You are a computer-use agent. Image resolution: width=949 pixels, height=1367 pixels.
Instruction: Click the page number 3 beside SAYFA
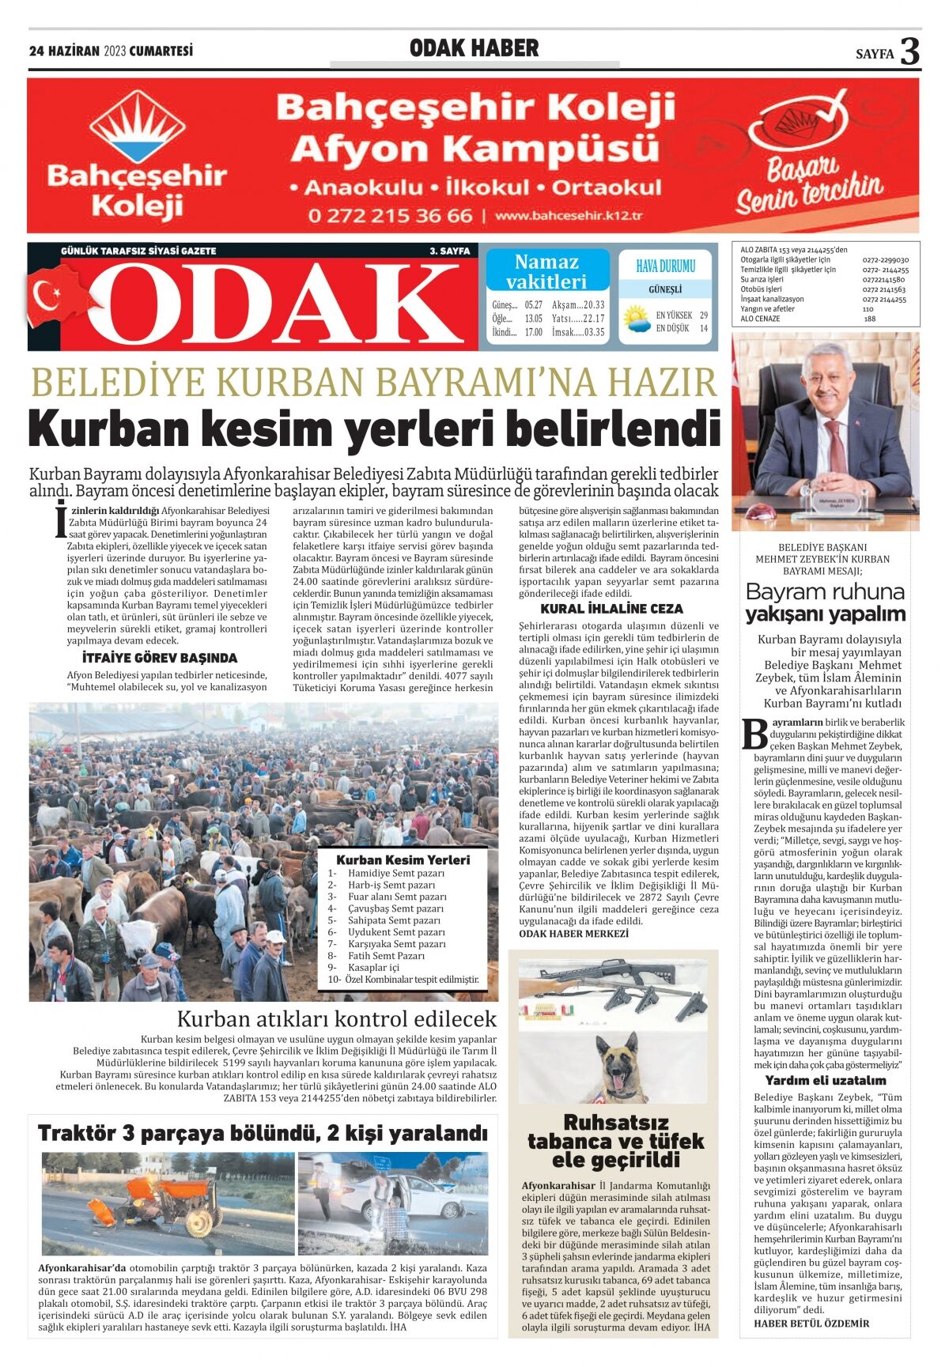coord(910,51)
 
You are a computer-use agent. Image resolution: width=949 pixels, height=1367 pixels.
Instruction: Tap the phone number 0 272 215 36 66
coord(390,215)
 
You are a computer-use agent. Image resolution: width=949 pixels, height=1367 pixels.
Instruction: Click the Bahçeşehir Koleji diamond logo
coord(137,127)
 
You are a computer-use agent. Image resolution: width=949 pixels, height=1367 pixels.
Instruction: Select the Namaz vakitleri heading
coord(546,271)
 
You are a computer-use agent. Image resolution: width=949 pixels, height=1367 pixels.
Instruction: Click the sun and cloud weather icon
coord(635,319)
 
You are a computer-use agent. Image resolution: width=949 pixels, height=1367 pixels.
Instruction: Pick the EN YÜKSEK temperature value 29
coord(703,315)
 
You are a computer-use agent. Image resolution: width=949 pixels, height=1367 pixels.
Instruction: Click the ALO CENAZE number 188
coord(869,319)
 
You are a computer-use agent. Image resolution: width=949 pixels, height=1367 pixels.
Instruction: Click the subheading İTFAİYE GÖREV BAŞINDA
coord(159,658)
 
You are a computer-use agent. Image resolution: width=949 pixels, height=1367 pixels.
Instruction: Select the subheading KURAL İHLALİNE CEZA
coord(611,609)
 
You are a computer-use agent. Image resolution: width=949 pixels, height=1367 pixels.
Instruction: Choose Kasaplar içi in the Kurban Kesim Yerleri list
coord(373,968)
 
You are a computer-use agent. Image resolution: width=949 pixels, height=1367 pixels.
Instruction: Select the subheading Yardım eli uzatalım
coord(825,1080)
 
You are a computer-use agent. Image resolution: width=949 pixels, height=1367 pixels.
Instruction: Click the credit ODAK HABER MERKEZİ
coord(573,934)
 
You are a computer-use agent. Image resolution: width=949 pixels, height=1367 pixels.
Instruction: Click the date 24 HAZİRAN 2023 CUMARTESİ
coord(111,51)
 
